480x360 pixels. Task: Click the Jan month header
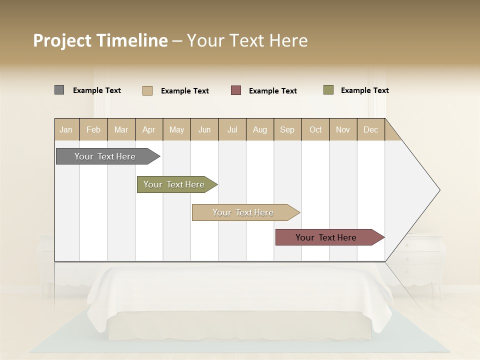coord(66,129)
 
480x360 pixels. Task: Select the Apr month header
coord(148,129)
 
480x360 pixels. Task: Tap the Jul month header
coord(232,129)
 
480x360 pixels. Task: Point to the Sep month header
coord(287,129)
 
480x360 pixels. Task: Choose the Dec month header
coord(370,129)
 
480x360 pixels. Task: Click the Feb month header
coord(93,129)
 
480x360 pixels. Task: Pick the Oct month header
coord(315,129)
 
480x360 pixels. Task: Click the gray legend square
coord(59,90)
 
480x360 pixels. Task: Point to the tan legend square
coord(147,90)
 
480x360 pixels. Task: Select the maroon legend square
coord(236,90)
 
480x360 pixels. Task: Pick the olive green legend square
coord(328,90)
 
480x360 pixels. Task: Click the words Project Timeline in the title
coord(100,40)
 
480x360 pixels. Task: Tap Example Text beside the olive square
coord(364,90)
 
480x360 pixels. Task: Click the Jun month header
coord(204,129)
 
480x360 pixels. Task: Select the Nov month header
coord(343,129)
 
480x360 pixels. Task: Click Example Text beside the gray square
coord(97,90)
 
